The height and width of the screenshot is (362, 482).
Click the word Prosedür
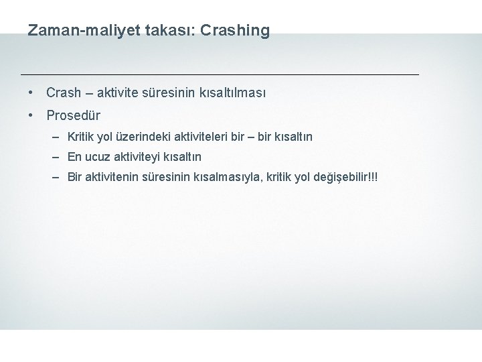point(73,115)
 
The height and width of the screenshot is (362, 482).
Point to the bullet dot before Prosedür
point(31,115)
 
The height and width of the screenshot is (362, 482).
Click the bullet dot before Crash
point(31,92)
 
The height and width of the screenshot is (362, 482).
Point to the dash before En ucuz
point(59,158)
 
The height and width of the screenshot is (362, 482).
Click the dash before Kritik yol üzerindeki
point(59,137)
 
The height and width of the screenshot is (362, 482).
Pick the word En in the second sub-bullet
point(74,158)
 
